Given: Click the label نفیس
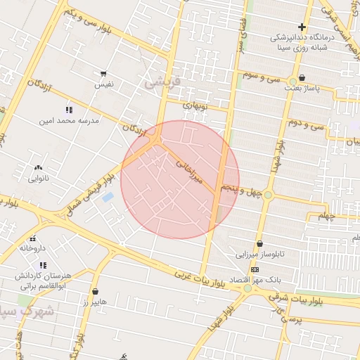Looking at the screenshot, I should click(105, 84).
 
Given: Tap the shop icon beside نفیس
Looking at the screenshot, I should click(104, 73).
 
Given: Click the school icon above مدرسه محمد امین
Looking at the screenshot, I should click(69, 110).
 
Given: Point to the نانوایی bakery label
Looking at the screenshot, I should click(38, 179).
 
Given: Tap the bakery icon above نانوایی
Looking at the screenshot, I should click(38, 167).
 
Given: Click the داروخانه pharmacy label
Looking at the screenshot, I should click(33, 248).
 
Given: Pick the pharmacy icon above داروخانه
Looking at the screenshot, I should click(33, 238).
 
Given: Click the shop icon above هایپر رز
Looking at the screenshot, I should click(95, 291).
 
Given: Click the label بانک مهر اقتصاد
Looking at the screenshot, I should click(254, 281).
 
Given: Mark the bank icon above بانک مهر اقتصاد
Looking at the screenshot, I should click(254, 270).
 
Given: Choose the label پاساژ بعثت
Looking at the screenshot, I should click(302, 89).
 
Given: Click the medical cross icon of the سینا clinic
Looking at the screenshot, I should click(302, 27).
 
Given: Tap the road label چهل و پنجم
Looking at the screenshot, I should click(242, 190).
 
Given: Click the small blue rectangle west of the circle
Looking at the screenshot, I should click(108, 198).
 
